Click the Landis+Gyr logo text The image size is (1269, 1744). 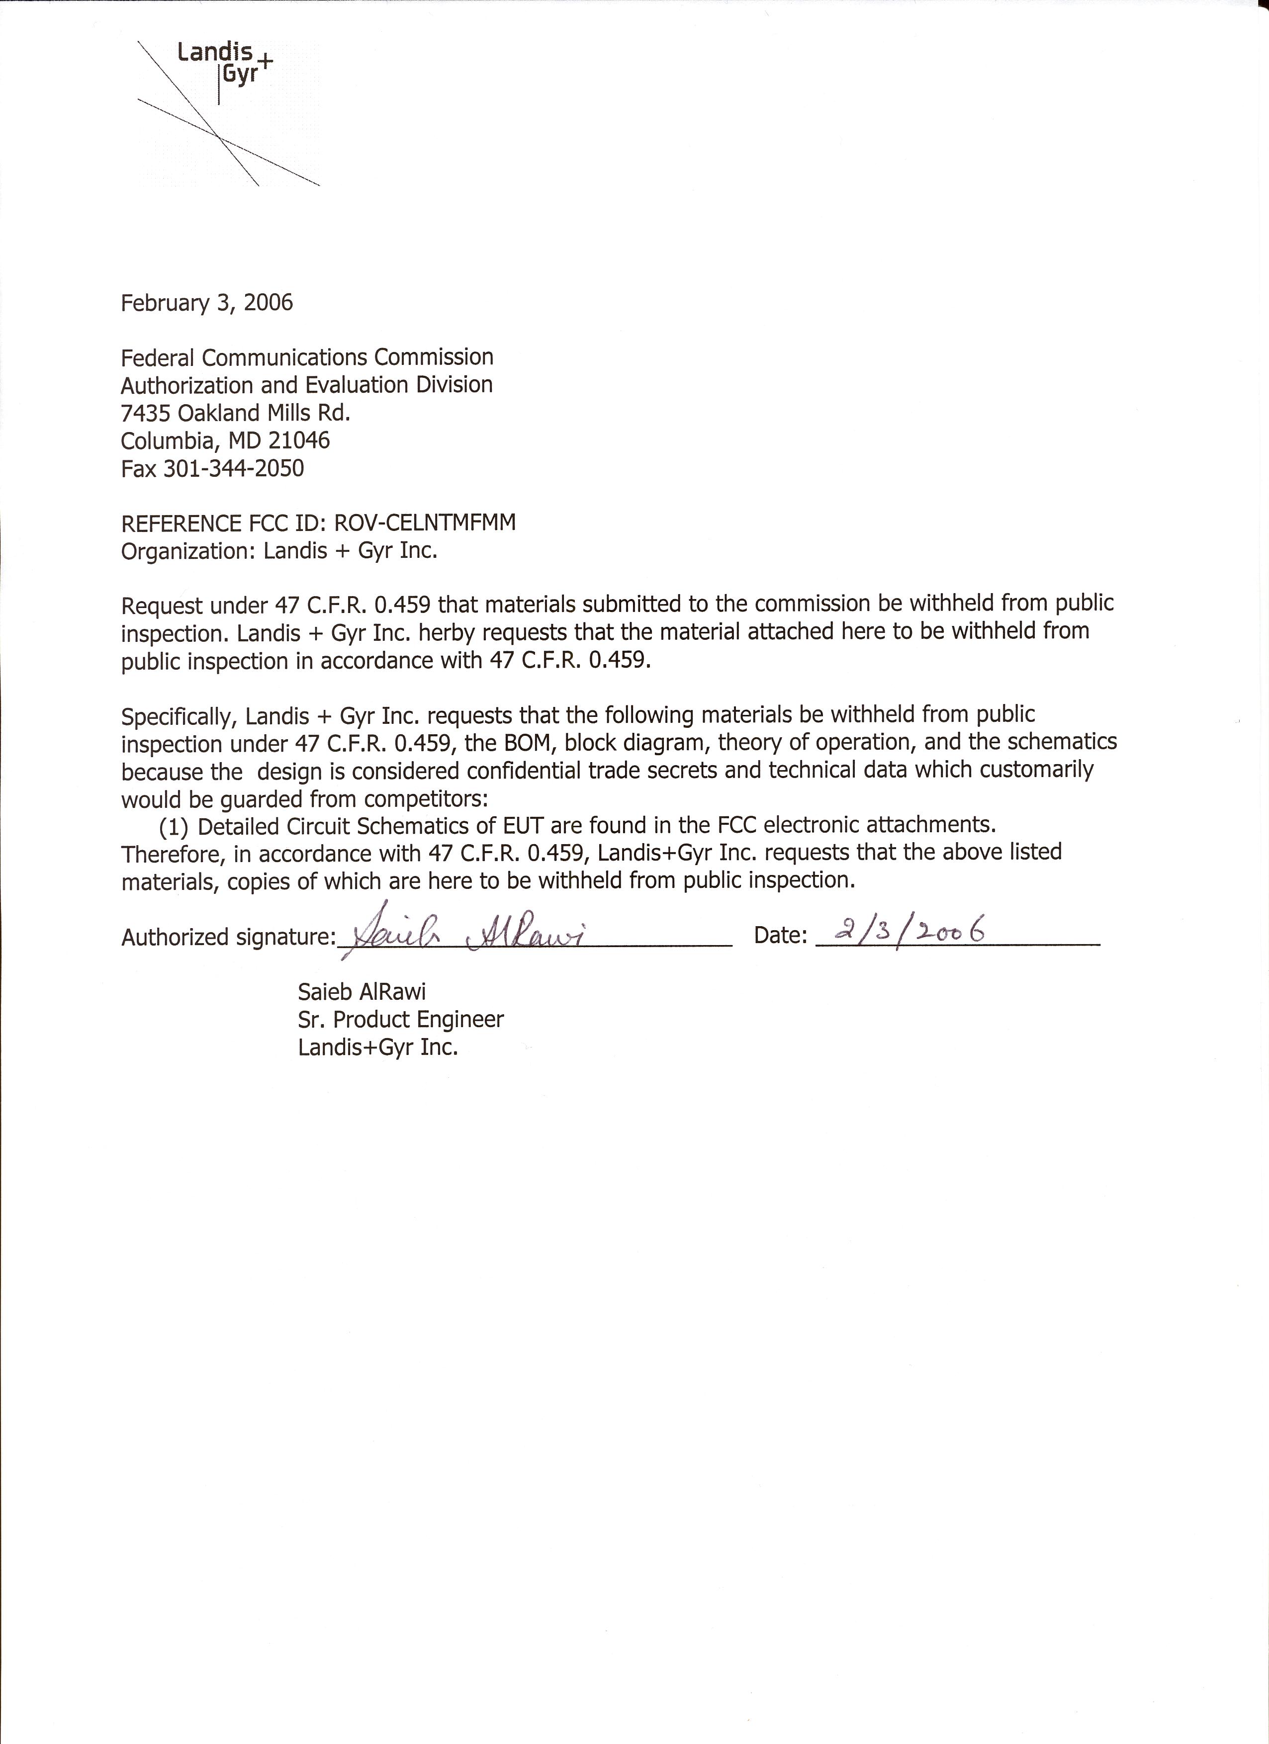[x=223, y=64]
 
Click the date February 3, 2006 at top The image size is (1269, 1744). [x=207, y=302]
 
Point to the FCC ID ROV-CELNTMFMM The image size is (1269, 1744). [x=425, y=523]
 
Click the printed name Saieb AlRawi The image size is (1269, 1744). [x=362, y=992]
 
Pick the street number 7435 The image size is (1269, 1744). [x=146, y=413]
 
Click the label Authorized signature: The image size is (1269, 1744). [x=228, y=937]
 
